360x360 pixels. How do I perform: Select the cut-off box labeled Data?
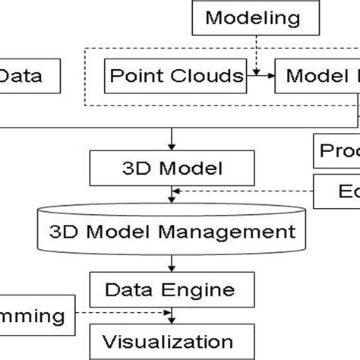point(27,76)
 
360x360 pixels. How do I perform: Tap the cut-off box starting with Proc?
point(336,150)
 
